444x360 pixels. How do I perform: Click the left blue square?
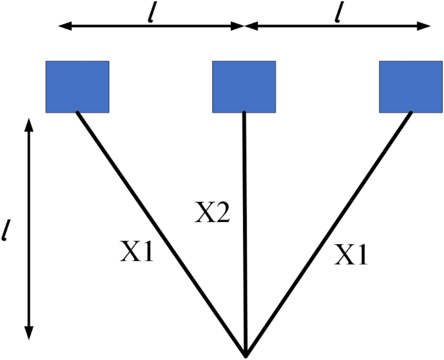[x=77, y=86]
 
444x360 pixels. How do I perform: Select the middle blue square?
[x=244, y=86]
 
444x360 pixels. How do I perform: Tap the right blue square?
[x=411, y=86]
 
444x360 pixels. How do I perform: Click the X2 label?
[x=212, y=212]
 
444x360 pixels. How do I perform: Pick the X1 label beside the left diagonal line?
[x=137, y=253]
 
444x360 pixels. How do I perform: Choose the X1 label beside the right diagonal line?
[x=351, y=256]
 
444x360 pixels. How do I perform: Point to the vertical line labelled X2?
[x=244, y=259]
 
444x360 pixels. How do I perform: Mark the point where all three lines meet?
[x=245, y=354]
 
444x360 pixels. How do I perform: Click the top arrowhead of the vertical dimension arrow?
[x=27, y=121]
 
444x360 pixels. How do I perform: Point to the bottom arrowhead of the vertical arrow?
[x=27, y=333]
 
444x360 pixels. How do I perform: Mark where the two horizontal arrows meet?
[x=244, y=27]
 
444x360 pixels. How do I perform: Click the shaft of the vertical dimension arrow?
[x=27, y=227]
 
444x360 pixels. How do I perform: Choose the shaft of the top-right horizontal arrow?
[x=337, y=27]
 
